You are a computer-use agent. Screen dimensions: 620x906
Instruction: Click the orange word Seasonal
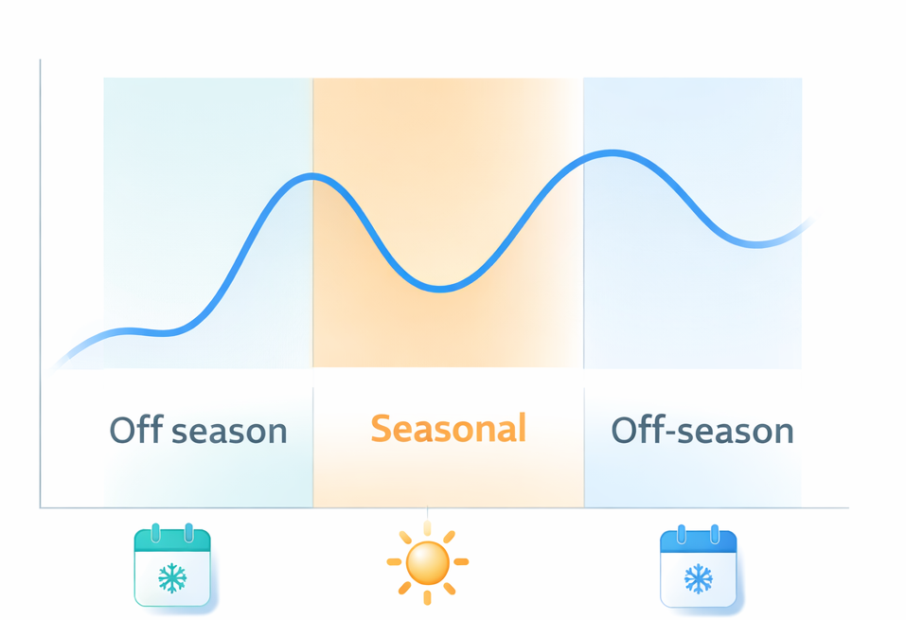tap(448, 429)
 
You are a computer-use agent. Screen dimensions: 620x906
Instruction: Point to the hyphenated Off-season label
tap(702, 431)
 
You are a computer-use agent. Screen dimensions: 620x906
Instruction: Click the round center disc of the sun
tap(427, 563)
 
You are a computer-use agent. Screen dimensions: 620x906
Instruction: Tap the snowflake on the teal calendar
tap(172, 577)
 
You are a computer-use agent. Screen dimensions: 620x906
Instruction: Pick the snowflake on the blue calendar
tap(699, 577)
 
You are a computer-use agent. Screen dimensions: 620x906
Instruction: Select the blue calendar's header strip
tap(699, 541)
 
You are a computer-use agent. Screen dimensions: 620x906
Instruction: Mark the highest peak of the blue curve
tap(611, 152)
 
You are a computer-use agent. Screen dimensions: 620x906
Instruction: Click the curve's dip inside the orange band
tap(441, 289)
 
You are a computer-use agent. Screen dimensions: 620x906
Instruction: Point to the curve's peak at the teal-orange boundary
tap(314, 176)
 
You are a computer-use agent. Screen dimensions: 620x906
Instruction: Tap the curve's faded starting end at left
tap(61, 362)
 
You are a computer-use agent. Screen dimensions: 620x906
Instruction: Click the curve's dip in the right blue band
tap(757, 245)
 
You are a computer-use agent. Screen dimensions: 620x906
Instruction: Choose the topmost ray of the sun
tap(427, 527)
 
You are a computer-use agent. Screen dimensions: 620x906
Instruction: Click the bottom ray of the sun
tap(427, 598)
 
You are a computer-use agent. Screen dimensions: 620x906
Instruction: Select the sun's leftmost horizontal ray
tap(393, 562)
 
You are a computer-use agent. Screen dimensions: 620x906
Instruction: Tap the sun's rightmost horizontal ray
tap(461, 562)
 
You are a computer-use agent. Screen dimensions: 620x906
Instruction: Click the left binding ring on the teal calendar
tap(155, 532)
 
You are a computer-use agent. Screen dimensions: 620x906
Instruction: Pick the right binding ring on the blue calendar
tap(715, 533)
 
